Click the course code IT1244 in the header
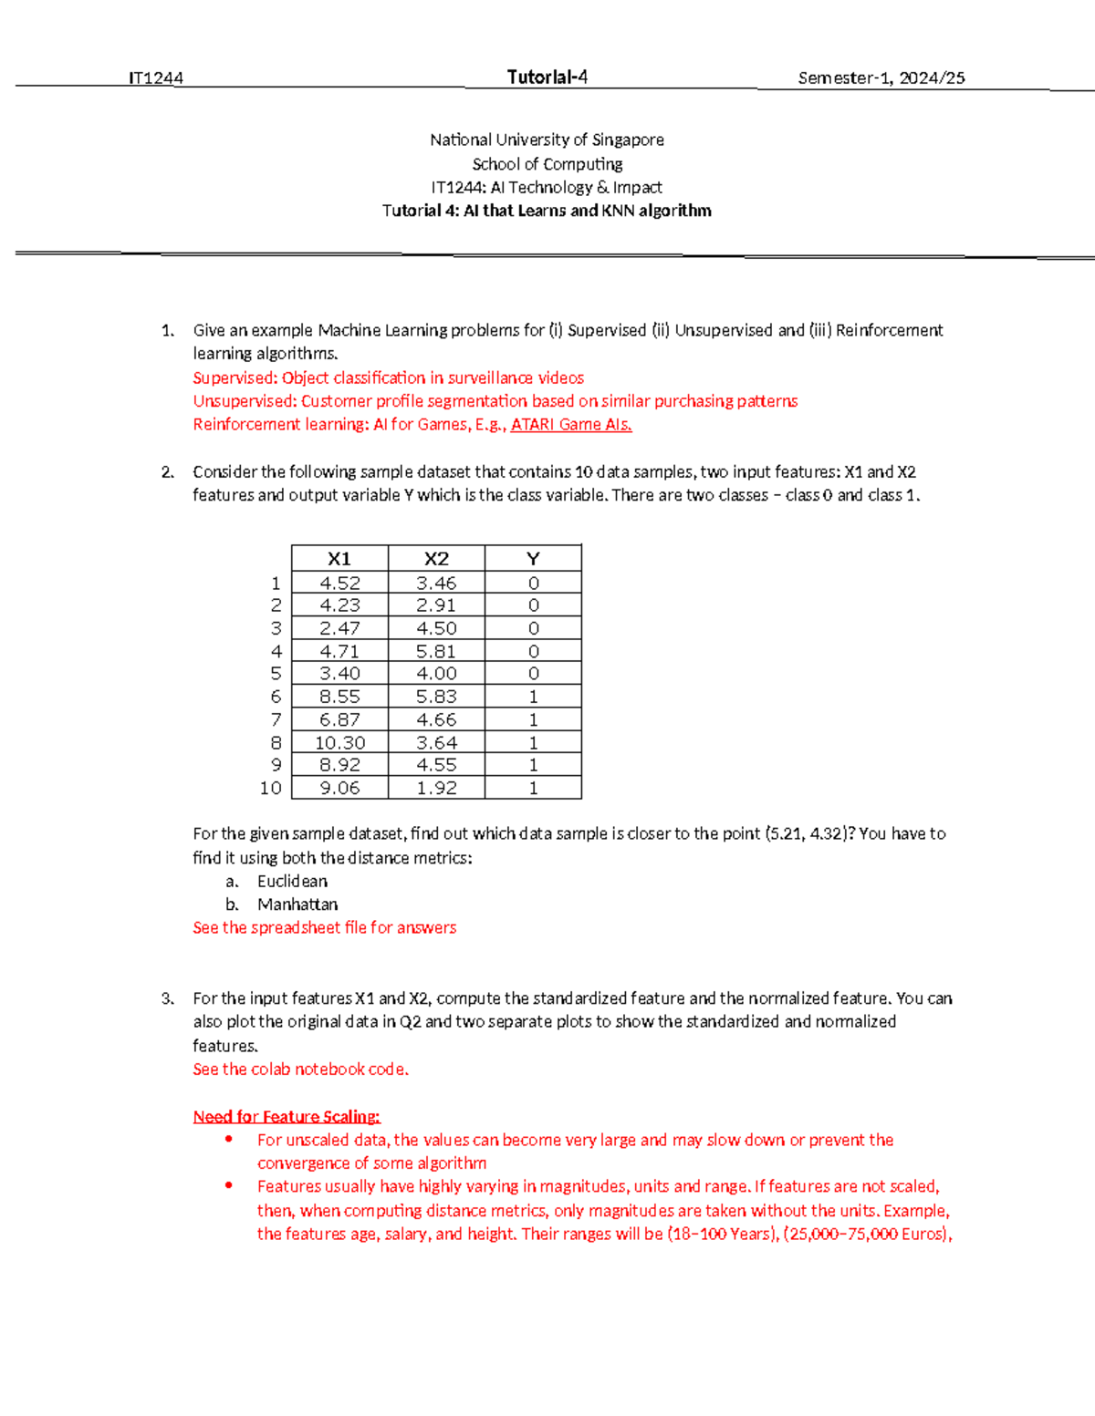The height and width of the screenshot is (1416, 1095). point(155,78)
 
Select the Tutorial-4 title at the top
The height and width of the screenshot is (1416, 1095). point(547,78)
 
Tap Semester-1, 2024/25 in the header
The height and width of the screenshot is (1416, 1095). point(881,78)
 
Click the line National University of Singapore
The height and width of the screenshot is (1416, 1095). point(547,140)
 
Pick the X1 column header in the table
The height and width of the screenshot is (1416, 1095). point(339,559)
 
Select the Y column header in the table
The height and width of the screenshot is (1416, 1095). point(533,559)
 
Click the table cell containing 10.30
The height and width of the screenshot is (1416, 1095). point(339,743)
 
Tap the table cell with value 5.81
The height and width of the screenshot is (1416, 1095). point(436,651)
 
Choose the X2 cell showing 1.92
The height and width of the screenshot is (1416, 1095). point(436,788)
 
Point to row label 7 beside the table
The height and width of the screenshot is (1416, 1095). point(276,719)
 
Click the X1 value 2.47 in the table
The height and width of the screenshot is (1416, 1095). point(339,628)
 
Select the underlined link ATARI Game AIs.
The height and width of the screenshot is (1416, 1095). point(571,425)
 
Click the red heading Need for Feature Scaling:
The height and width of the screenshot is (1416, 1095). point(287,1117)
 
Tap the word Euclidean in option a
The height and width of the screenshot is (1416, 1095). point(292,882)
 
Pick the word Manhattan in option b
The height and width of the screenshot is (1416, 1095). point(297,904)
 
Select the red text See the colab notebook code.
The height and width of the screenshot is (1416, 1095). point(300,1070)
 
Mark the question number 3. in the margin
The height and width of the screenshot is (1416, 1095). point(168,998)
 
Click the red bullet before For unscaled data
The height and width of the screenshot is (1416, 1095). point(228,1139)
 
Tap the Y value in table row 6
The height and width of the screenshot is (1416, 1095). point(533,697)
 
